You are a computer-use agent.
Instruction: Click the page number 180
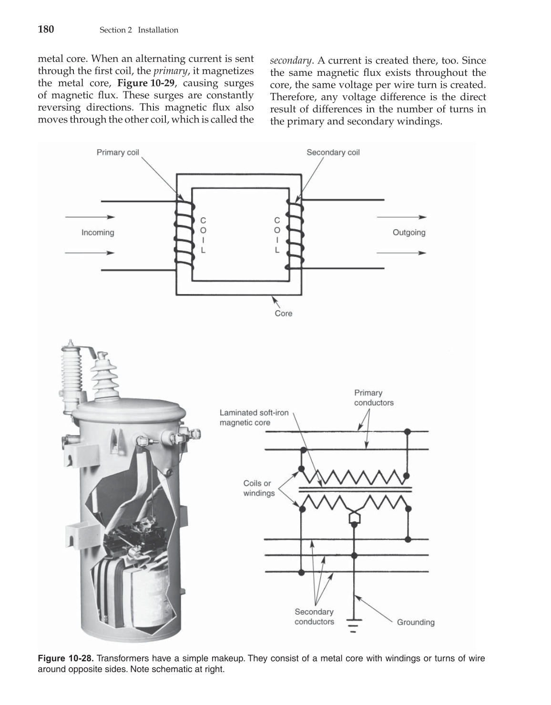click(x=46, y=30)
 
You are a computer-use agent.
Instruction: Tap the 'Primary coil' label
click(x=118, y=153)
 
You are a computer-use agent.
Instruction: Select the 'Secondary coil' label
click(x=333, y=153)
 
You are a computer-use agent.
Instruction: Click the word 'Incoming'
click(x=98, y=233)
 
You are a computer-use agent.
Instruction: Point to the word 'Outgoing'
click(x=408, y=233)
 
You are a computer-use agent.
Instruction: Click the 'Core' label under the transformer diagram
click(x=283, y=314)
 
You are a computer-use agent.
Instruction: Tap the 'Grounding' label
click(x=415, y=622)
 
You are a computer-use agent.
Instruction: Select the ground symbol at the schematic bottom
click(x=353, y=625)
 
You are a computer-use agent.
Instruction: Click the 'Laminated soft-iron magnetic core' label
click(x=254, y=418)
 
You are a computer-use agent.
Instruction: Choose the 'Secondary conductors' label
click(x=314, y=616)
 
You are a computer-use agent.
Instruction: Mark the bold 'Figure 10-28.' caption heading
click(x=66, y=659)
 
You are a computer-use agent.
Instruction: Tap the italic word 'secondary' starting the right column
click(x=291, y=61)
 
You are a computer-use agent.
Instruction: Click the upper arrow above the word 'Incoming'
click(x=90, y=217)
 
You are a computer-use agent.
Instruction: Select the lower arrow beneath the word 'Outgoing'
click(x=401, y=253)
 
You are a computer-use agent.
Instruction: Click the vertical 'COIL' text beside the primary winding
click(x=204, y=235)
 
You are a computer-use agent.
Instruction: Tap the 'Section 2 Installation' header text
click(x=139, y=30)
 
